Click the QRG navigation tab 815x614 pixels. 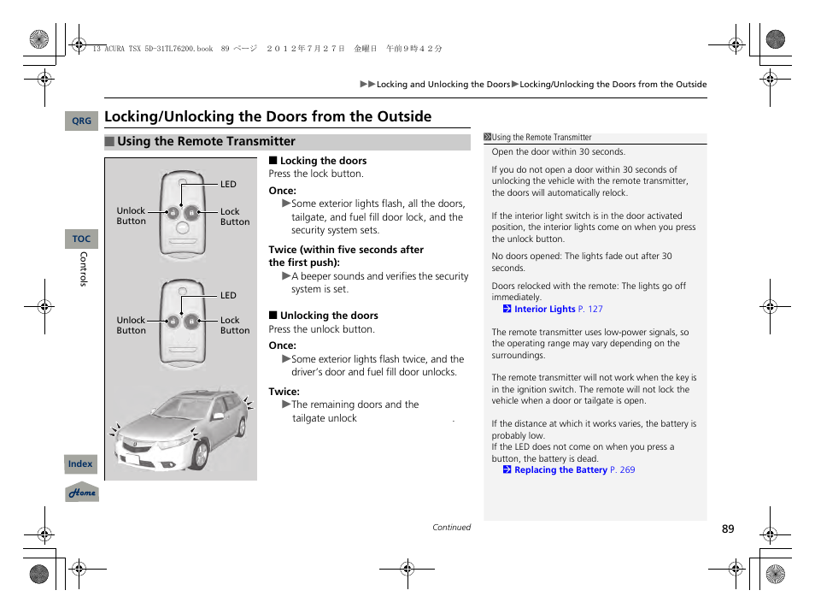tap(81, 121)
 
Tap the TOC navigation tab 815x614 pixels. tap(81, 239)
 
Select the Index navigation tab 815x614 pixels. tap(81, 464)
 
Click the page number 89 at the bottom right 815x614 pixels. tap(727, 529)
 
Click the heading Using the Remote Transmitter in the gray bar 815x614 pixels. tap(206, 142)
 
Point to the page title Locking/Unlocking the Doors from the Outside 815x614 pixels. tap(267, 117)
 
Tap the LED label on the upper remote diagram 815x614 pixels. tap(228, 185)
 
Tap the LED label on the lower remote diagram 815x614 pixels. tap(228, 296)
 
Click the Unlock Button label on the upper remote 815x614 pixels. tap(131, 216)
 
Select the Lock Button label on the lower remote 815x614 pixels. tap(235, 326)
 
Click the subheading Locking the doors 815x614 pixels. tap(323, 161)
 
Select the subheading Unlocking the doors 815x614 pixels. tap(329, 316)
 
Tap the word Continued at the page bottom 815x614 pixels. tap(451, 528)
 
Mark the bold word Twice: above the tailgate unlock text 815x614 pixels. tap(284, 392)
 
